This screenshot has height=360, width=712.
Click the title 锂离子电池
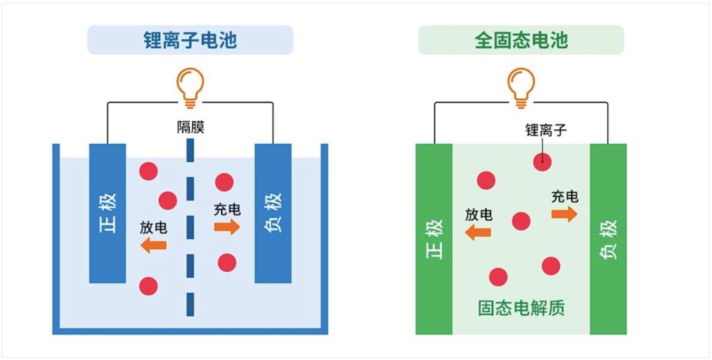coord(191,40)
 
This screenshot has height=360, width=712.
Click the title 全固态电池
coord(521,40)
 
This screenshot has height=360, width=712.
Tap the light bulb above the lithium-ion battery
coord(190,88)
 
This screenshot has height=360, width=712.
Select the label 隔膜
coord(191,127)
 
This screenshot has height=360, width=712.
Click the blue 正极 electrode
coord(107,214)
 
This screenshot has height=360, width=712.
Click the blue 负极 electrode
coord(273,214)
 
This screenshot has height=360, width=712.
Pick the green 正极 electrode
coord(434,239)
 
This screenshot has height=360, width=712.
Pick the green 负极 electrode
coord(608,239)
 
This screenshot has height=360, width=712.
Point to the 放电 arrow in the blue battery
coord(154,245)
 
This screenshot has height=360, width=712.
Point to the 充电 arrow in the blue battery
coord(227,227)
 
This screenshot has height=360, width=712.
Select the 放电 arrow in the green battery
coord(478,233)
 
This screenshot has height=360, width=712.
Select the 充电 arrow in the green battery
coord(564,214)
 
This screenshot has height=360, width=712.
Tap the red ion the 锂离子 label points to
coord(542,162)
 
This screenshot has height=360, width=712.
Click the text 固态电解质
coord(521,309)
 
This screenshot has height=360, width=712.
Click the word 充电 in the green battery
coord(565,196)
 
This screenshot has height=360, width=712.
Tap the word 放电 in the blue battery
coord(154,228)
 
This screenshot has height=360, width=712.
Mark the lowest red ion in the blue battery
coord(148,286)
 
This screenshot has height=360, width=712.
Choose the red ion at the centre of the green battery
coord(521,221)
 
